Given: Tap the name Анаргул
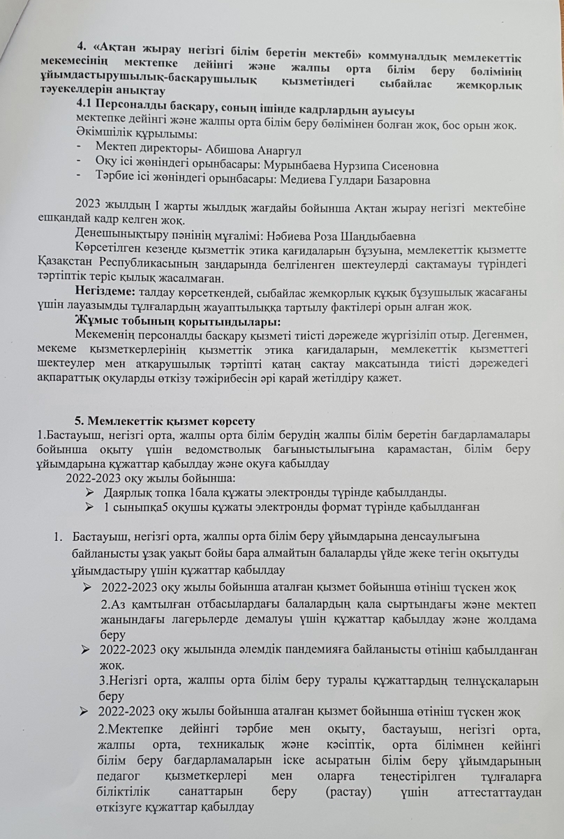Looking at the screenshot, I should point(282,150).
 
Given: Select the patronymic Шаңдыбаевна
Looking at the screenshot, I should point(336,236).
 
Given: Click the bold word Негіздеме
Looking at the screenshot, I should point(105,292).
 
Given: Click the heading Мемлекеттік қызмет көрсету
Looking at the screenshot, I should point(171,420).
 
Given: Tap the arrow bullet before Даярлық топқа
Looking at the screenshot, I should point(89,492).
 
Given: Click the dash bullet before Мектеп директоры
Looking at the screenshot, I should point(82,150).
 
